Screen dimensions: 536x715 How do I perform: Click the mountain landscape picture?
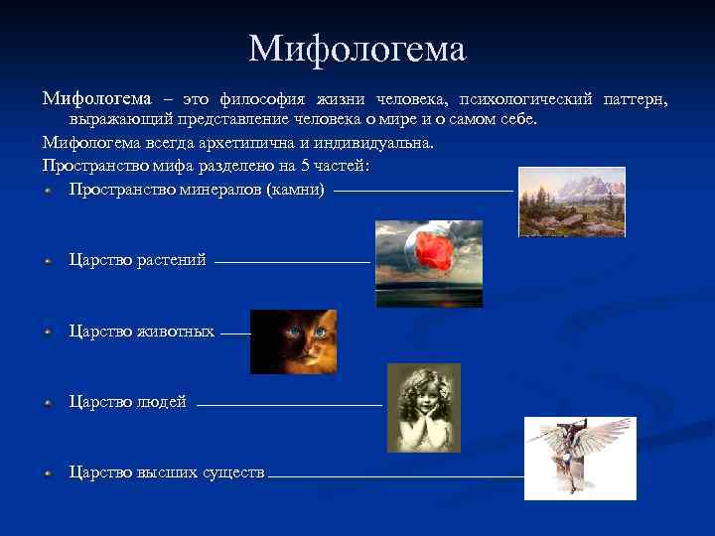(x=572, y=201)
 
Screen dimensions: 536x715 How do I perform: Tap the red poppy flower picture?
(x=429, y=263)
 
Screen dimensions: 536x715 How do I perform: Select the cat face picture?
(x=293, y=341)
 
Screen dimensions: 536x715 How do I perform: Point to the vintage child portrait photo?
(x=424, y=407)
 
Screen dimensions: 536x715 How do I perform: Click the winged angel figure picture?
(x=580, y=458)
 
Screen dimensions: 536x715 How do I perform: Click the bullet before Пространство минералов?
(x=48, y=189)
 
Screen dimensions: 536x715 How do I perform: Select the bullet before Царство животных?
(x=48, y=332)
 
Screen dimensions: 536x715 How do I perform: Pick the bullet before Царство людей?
(x=48, y=402)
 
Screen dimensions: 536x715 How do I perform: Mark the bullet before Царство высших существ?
(x=48, y=473)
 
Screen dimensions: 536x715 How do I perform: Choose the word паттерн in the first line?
(x=636, y=99)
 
